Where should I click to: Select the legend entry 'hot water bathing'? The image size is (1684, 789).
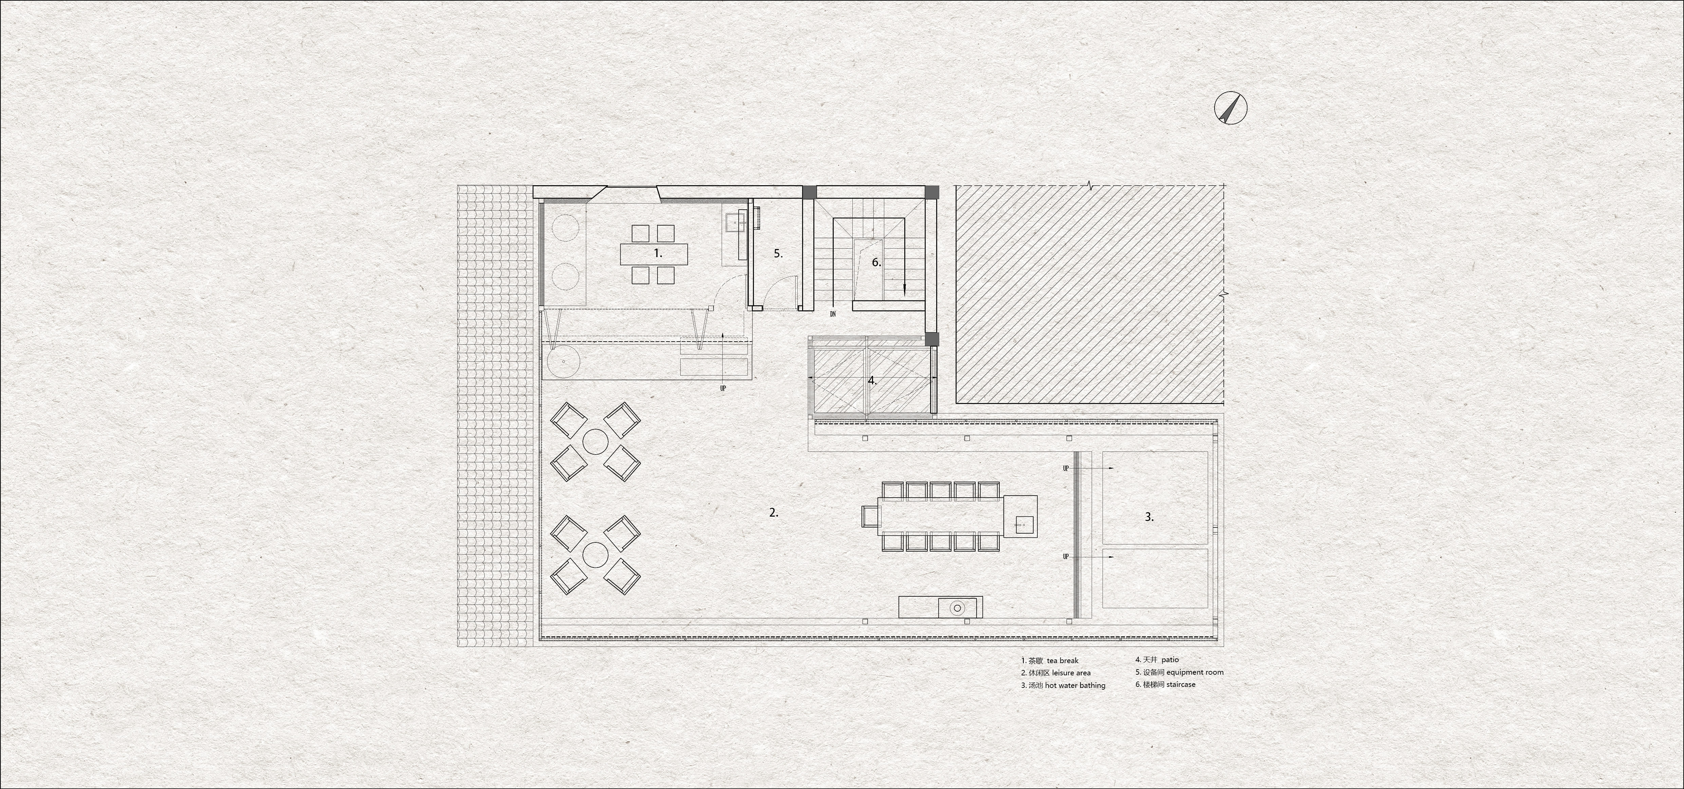(1075, 685)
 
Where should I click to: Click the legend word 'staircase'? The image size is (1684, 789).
(1181, 685)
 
